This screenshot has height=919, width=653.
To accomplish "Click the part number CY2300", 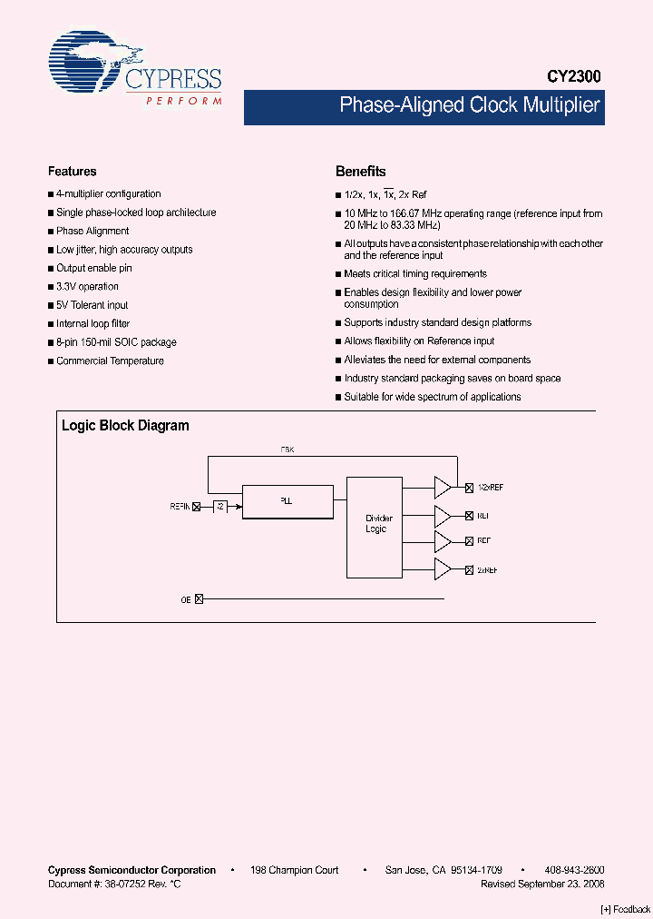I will coord(573,78).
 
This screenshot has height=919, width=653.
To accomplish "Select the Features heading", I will coord(72,171).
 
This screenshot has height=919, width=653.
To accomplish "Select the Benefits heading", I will coord(360,171).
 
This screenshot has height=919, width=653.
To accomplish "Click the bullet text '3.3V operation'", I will coord(87,287).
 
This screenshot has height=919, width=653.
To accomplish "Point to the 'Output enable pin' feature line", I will coord(93,268).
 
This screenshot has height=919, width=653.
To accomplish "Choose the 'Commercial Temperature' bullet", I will coord(110,361).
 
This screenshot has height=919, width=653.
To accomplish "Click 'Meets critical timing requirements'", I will coord(414,273).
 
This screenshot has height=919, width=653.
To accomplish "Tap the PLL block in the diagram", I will coord(287,501).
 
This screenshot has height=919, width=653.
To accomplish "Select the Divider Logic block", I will coord(375,526).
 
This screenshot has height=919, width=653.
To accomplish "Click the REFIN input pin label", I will coord(180,507).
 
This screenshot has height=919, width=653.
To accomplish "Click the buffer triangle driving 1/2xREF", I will coord(443,488).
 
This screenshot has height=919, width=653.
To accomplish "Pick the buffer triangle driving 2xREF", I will coord(443,569).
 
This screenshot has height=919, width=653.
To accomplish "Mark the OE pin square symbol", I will coord(200,599).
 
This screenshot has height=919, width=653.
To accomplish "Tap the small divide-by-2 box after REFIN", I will coord(220,507).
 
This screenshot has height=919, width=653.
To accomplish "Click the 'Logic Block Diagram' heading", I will coord(125,425).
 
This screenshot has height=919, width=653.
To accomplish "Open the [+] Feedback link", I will coord(626,909).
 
